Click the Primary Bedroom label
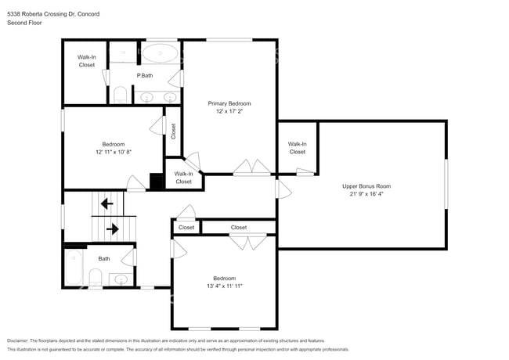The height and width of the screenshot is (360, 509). point(229,103)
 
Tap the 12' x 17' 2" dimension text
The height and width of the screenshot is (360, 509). point(229,112)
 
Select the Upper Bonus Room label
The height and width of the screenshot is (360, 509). point(366,185)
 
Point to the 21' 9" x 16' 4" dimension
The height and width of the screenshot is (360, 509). point(366,194)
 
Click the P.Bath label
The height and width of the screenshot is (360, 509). point(145,75)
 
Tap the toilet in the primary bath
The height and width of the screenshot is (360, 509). point(120,95)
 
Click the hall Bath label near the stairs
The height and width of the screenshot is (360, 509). point(104,258)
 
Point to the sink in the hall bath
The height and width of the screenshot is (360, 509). point(120,278)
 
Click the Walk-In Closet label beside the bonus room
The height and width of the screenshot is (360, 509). point(297,148)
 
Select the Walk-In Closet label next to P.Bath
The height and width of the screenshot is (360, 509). point(86,61)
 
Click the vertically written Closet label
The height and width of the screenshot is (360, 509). point(173,131)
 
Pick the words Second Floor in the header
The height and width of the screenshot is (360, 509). point(23,23)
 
